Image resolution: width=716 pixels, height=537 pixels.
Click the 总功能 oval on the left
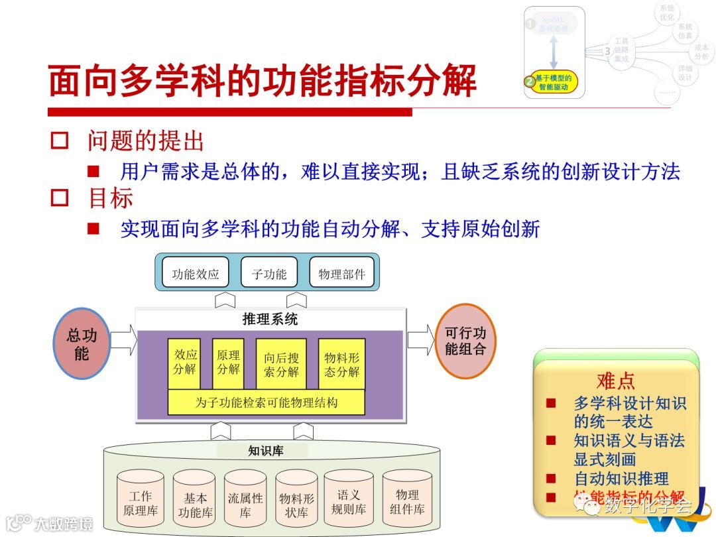[x=82, y=343]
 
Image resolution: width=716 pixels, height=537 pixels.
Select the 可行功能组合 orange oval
[x=465, y=341]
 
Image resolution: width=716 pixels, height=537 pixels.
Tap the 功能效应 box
[x=196, y=273]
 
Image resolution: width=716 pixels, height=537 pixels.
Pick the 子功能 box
[x=268, y=273]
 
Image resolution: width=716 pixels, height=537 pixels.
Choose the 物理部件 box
[x=341, y=273]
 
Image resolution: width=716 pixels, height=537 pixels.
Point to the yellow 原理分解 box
[x=228, y=363]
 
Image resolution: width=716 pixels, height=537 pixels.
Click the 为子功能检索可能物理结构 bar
[x=267, y=402]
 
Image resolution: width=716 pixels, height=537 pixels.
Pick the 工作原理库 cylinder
[x=140, y=504]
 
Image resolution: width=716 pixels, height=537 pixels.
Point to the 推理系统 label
[x=270, y=320]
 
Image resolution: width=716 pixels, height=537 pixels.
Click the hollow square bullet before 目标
[x=60, y=198]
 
